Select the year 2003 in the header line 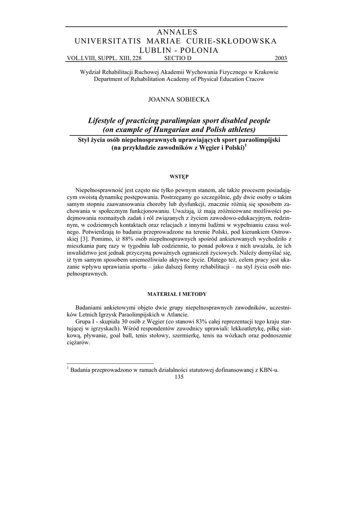280,58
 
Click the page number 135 180,377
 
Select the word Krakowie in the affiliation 265,72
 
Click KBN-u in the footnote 269,369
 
